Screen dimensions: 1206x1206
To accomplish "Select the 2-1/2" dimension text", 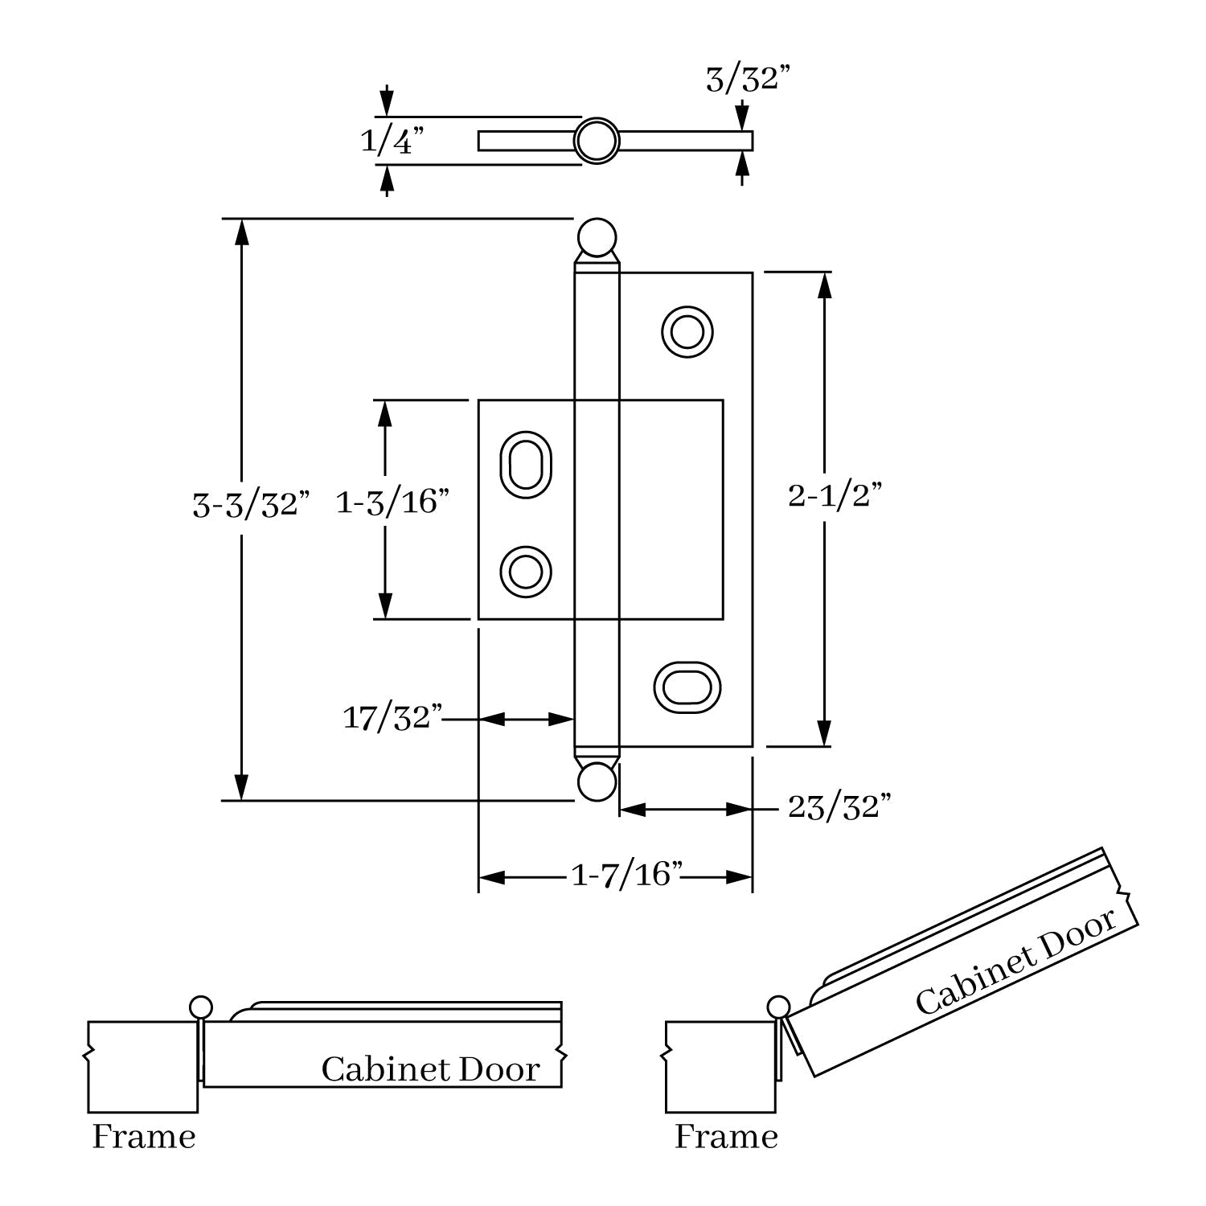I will (835, 496).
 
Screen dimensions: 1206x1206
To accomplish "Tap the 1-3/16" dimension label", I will (392, 503).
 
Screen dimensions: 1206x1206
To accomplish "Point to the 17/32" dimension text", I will (393, 718).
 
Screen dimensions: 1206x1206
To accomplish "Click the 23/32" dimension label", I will (839, 807).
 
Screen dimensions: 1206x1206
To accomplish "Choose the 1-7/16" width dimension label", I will (626, 875).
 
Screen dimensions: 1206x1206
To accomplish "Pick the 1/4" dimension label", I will (392, 142).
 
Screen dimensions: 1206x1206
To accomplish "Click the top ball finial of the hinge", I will (597, 238).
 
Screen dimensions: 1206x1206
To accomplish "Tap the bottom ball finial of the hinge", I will (597, 781).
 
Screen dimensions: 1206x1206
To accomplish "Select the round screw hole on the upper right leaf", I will (687, 331).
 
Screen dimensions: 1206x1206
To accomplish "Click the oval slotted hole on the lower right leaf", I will (687, 687).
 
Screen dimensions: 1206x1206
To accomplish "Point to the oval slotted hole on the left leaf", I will (526, 465).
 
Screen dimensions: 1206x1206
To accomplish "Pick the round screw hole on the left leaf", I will (526, 572).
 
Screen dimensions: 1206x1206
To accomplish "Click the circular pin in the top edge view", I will (597, 142).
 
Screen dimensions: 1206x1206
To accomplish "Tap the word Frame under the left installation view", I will (144, 1138).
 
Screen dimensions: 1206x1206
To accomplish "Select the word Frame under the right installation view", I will (726, 1138).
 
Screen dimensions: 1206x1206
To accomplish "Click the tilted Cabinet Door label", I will (1016, 962).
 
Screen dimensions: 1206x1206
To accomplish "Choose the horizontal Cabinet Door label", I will (430, 1070).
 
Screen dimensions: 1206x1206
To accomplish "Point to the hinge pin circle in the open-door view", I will (778, 1007).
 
